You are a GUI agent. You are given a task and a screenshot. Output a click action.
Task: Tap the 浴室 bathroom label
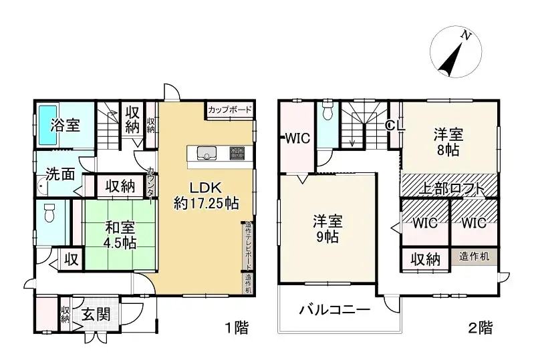coord(66,124)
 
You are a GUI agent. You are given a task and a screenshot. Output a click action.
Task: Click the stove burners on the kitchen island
coord(238,152)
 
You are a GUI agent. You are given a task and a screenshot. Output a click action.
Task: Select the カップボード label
coord(230,109)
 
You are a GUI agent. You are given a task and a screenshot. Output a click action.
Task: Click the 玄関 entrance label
coord(96,315)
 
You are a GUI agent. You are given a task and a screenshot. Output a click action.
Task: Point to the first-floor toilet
coord(48,214)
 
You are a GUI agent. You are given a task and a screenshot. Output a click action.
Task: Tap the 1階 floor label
coord(235,328)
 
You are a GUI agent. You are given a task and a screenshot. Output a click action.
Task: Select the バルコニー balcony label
coord(334,310)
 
